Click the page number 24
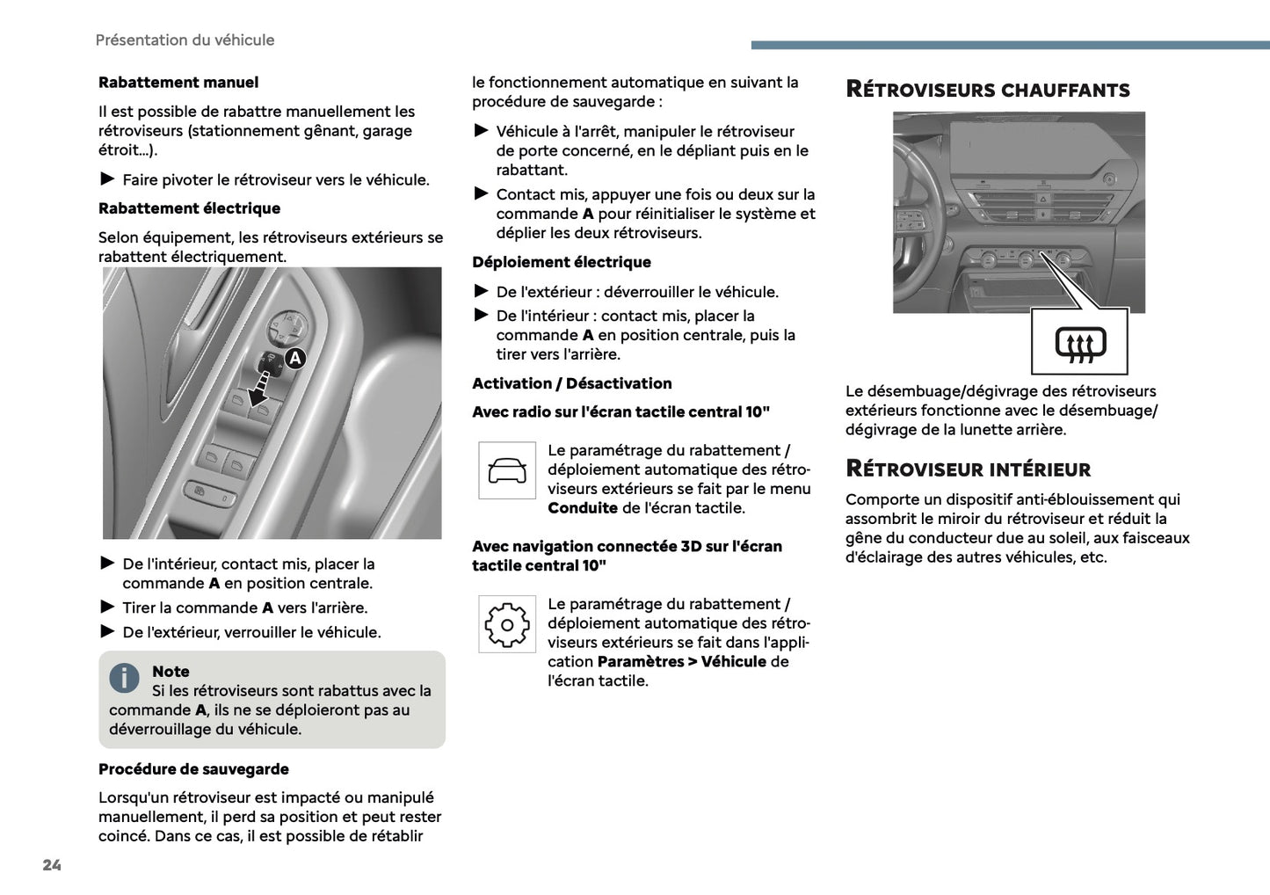pos(52,865)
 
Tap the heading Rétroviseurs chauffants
pos(987,90)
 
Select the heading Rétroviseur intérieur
pos(968,469)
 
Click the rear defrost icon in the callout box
pos(1080,343)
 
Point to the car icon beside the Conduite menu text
pos(507,470)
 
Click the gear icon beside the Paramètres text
pos(507,624)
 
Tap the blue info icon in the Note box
pos(124,678)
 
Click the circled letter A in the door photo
pos(295,358)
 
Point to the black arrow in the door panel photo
pos(260,389)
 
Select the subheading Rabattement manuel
pos(178,83)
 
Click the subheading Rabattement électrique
pos(189,208)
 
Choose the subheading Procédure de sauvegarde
pos(193,769)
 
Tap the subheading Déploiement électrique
pos(562,262)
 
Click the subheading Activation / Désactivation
pos(571,383)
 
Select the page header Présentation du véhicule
pos(185,40)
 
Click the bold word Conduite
pos(583,508)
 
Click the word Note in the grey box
pos(171,672)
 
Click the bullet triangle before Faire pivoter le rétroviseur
pos(107,179)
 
